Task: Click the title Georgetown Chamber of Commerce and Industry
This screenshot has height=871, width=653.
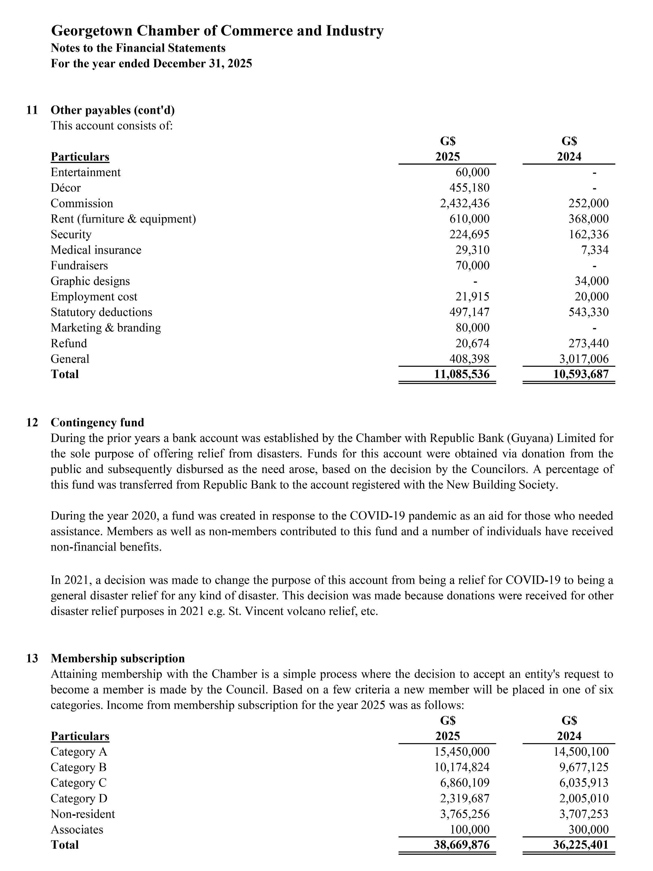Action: (217, 31)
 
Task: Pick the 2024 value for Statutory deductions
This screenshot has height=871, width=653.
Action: (588, 312)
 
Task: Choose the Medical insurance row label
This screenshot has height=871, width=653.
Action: (96, 250)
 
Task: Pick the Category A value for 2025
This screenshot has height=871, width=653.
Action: (462, 752)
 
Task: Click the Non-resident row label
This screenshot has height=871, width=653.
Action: (83, 814)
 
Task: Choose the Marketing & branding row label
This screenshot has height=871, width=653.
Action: (105, 328)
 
